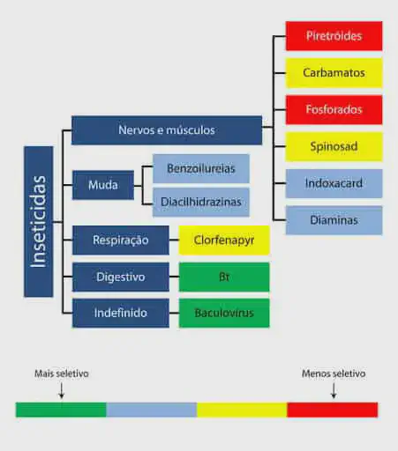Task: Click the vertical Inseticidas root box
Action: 38,221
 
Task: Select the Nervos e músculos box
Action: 166,130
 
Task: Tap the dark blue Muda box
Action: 102,185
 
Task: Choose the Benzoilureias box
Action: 200,167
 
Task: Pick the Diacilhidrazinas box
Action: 200,202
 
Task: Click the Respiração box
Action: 120,240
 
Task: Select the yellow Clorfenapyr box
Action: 224,240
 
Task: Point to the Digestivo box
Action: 120,277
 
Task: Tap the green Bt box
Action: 224,277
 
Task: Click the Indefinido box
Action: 120,313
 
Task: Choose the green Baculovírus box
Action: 224,313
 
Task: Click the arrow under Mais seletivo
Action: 61,391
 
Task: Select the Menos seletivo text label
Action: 333,373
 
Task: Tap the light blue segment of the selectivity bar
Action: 151,410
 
